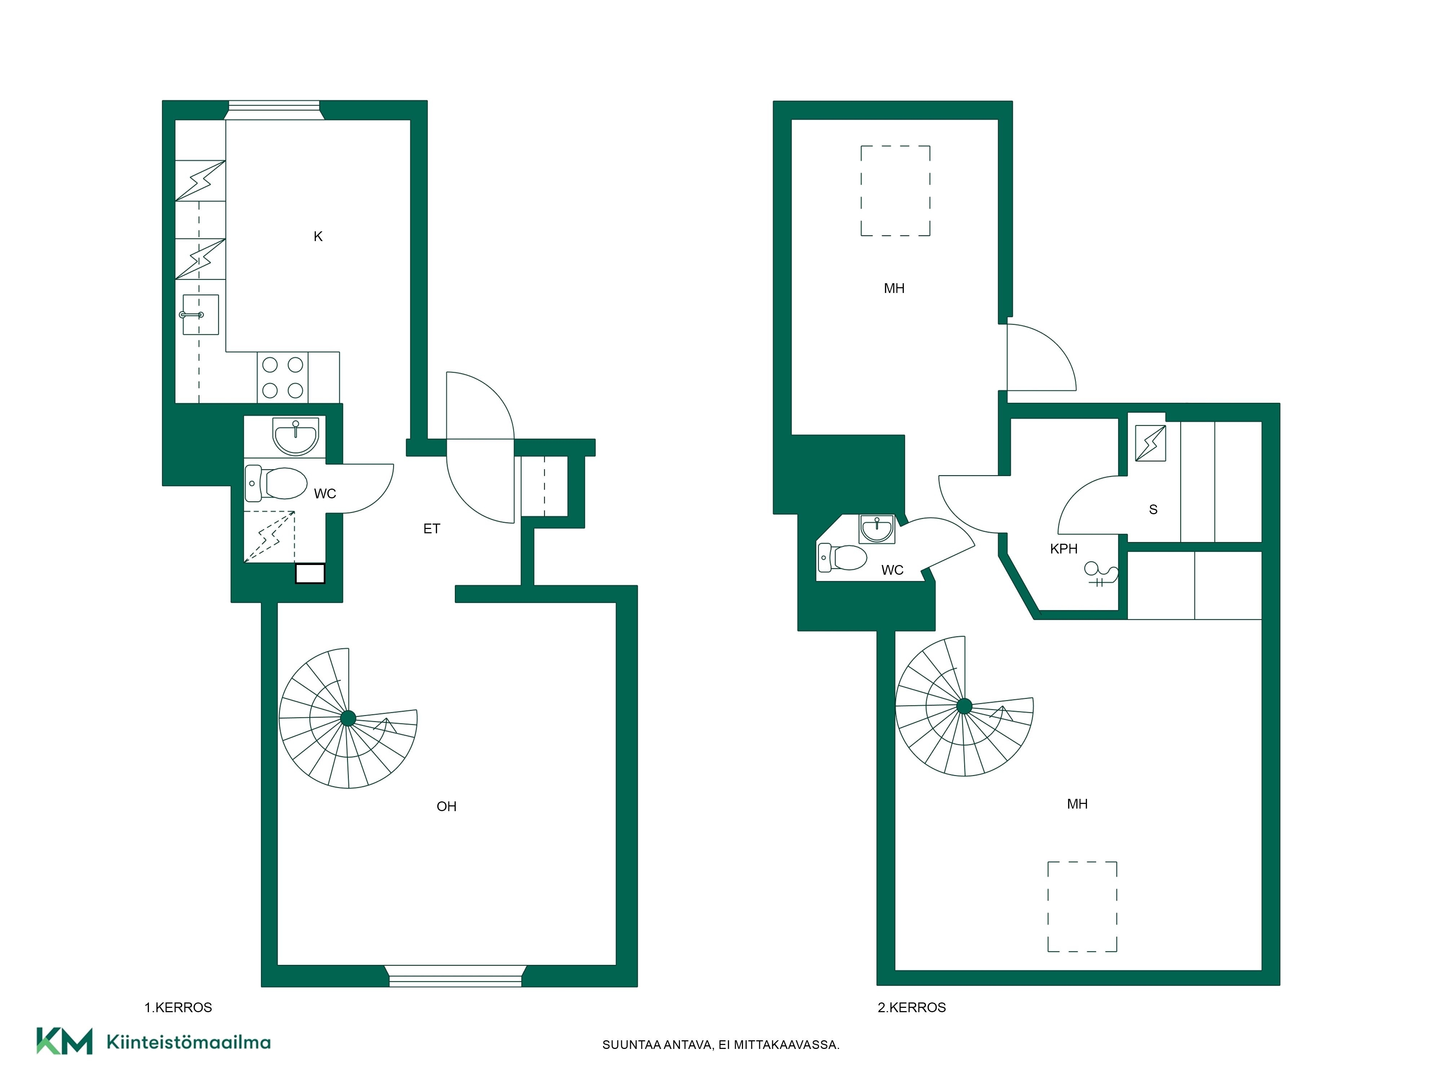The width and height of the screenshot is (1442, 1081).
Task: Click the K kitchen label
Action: tap(318, 236)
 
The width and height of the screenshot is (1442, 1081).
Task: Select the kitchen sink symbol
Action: tap(200, 315)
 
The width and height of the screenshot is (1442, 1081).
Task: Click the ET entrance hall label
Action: tap(432, 529)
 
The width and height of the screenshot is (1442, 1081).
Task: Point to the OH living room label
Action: tap(447, 807)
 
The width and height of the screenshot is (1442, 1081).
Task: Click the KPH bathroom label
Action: tap(1064, 549)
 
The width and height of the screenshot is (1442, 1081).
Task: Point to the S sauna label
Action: tap(1153, 510)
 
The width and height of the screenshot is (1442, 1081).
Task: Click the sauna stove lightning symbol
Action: tap(1151, 443)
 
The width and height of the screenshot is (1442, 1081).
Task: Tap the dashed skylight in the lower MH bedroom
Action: tap(1082, 906)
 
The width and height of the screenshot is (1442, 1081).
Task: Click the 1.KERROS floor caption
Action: tap(178, 1007)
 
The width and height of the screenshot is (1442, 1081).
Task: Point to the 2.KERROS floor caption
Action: tap(911, 1007)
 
